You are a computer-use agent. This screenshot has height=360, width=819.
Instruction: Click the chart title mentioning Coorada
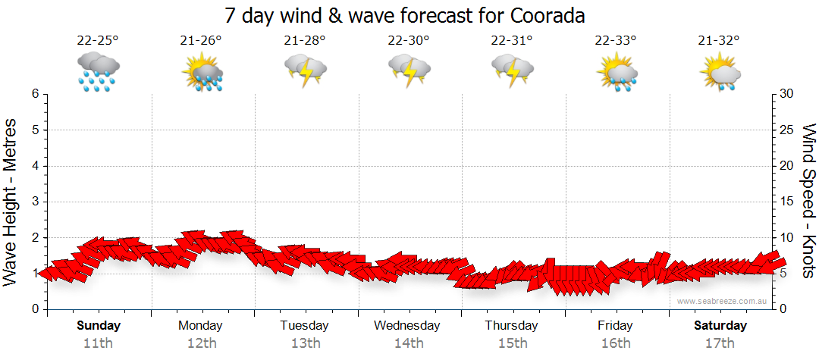[x=406, y=16]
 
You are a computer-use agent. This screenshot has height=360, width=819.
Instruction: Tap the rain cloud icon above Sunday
[x=98, y=72]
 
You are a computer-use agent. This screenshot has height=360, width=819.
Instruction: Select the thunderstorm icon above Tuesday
[x=305, y=71]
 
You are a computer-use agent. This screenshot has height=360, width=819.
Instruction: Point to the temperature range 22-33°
[x=615, y=41]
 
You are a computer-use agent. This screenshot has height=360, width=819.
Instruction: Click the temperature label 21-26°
[x=201, y=41]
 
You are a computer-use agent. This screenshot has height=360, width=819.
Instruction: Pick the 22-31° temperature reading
[x=512, y=41]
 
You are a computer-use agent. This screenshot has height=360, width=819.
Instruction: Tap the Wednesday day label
[x=407, y=326]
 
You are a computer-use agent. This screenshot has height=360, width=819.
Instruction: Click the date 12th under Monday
[x=201, y=343]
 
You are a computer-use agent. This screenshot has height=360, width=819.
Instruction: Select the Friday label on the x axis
[x=615, y=326]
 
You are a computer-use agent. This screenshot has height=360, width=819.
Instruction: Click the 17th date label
[x=720, y=343]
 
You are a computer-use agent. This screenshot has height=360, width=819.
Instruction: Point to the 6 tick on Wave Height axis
[x=35, y=94]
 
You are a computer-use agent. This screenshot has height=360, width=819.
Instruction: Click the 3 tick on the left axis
[x=35, y=202]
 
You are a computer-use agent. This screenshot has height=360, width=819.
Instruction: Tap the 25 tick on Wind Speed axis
[x=788, y=130]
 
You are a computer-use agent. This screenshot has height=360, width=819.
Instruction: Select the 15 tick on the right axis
[x=788, y=202]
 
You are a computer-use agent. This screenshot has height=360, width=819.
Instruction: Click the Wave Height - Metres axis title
[x=11, y=201]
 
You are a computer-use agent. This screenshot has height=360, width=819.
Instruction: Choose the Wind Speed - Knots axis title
[x=808, y=201]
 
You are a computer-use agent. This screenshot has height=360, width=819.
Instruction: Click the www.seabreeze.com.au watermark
[x=722, y=301]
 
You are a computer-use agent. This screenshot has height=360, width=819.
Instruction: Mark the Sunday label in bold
[x=98, y=326]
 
